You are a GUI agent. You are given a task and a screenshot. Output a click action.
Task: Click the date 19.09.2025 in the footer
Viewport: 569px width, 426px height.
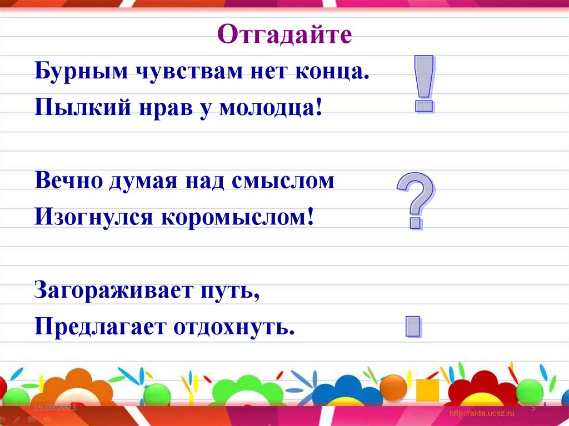tap(54, 408)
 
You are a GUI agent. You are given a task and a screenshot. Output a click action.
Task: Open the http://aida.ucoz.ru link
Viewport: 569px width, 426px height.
tap(482, 413)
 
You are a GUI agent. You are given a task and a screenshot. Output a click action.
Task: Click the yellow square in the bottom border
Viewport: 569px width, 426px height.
tap(427, 390)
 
